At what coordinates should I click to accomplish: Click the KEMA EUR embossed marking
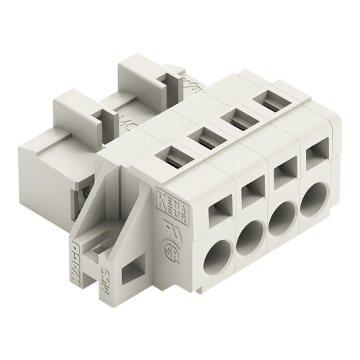172,201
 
